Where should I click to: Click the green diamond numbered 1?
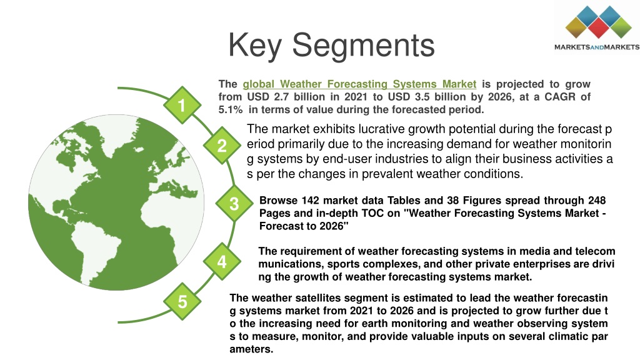182,105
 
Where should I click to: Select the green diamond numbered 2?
222,145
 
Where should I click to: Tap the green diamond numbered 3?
234,203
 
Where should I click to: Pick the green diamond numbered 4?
222,261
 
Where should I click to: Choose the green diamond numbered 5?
182,301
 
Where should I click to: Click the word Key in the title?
255,46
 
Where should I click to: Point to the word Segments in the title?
363,46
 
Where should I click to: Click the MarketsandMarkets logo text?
597,47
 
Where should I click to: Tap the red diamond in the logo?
598,27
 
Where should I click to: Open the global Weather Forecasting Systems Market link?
359,84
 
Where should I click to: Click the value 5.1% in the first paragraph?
230,109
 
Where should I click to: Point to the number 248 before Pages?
597,201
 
